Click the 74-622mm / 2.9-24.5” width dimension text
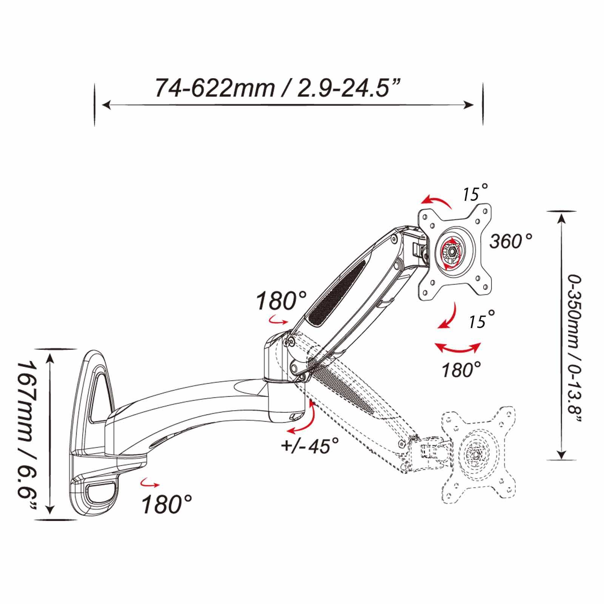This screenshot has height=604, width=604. point(277,88)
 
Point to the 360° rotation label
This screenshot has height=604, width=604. point(511,241)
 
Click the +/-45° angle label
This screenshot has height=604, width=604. point(310,446)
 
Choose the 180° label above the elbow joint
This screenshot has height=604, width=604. point(281,301)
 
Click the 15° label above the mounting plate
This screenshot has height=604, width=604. point(475,193)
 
